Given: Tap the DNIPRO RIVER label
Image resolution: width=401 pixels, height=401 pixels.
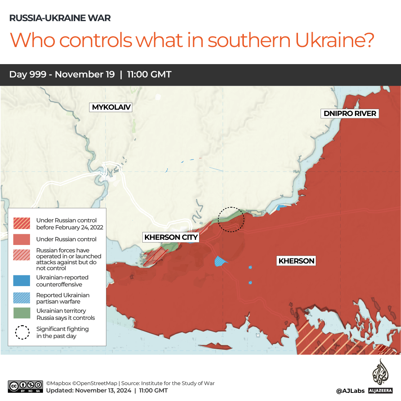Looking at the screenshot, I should coord(350,113).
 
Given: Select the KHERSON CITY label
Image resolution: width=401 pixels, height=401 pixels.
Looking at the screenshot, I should coord(171,237).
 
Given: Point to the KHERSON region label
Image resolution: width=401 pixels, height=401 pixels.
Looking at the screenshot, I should coord(296,261).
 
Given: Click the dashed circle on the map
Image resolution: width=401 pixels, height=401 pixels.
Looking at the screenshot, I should coord(231,219).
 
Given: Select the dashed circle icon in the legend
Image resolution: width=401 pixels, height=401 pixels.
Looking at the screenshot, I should coord(22,332).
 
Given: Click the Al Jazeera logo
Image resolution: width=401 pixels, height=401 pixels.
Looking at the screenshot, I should coord(380,375).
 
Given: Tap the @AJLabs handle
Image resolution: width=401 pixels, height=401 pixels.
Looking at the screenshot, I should coord(350,391).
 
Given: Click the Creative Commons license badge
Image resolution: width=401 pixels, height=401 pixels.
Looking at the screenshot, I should coord(25,387).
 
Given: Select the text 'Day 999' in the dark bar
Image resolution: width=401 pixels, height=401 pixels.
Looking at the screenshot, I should coord(28,74).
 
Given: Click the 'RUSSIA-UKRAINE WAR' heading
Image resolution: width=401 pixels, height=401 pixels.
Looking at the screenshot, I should coord(60,18).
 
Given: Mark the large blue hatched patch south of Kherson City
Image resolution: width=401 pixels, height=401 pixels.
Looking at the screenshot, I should coord(221,261).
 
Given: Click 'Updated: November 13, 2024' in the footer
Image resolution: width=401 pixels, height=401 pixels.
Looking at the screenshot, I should coord(89,391).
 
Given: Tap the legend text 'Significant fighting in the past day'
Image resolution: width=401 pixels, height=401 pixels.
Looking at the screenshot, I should coord(62,332).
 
